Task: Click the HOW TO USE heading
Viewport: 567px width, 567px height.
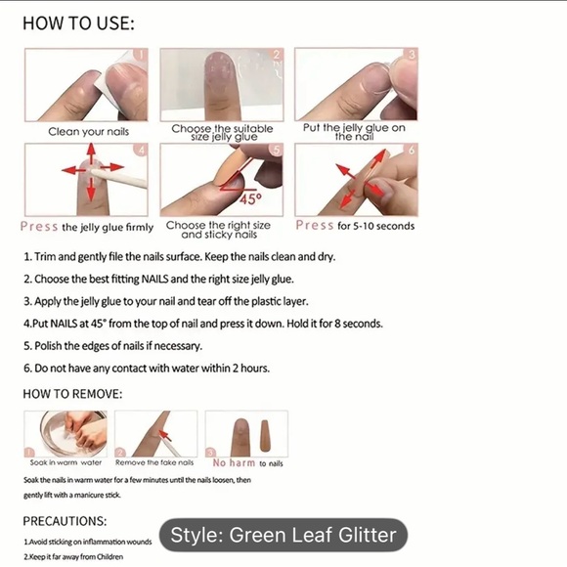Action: (78, 23)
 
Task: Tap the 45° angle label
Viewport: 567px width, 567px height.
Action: (251, 198)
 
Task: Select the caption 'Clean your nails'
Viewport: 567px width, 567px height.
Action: (89, 131)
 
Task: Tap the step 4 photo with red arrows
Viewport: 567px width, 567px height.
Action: (86, 179)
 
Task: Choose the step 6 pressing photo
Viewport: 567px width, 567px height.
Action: (356, 179)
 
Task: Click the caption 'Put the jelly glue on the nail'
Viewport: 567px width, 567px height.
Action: (354, 132)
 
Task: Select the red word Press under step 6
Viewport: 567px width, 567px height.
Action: (315, 226)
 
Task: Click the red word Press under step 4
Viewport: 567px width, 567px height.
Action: (39, 226)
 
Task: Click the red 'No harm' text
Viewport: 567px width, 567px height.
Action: (234, 463)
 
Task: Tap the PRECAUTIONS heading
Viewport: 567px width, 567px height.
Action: (65, 522)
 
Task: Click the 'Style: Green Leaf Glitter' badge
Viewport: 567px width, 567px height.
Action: (283, 535)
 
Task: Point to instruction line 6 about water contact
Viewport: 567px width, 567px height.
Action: (147, 369)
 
